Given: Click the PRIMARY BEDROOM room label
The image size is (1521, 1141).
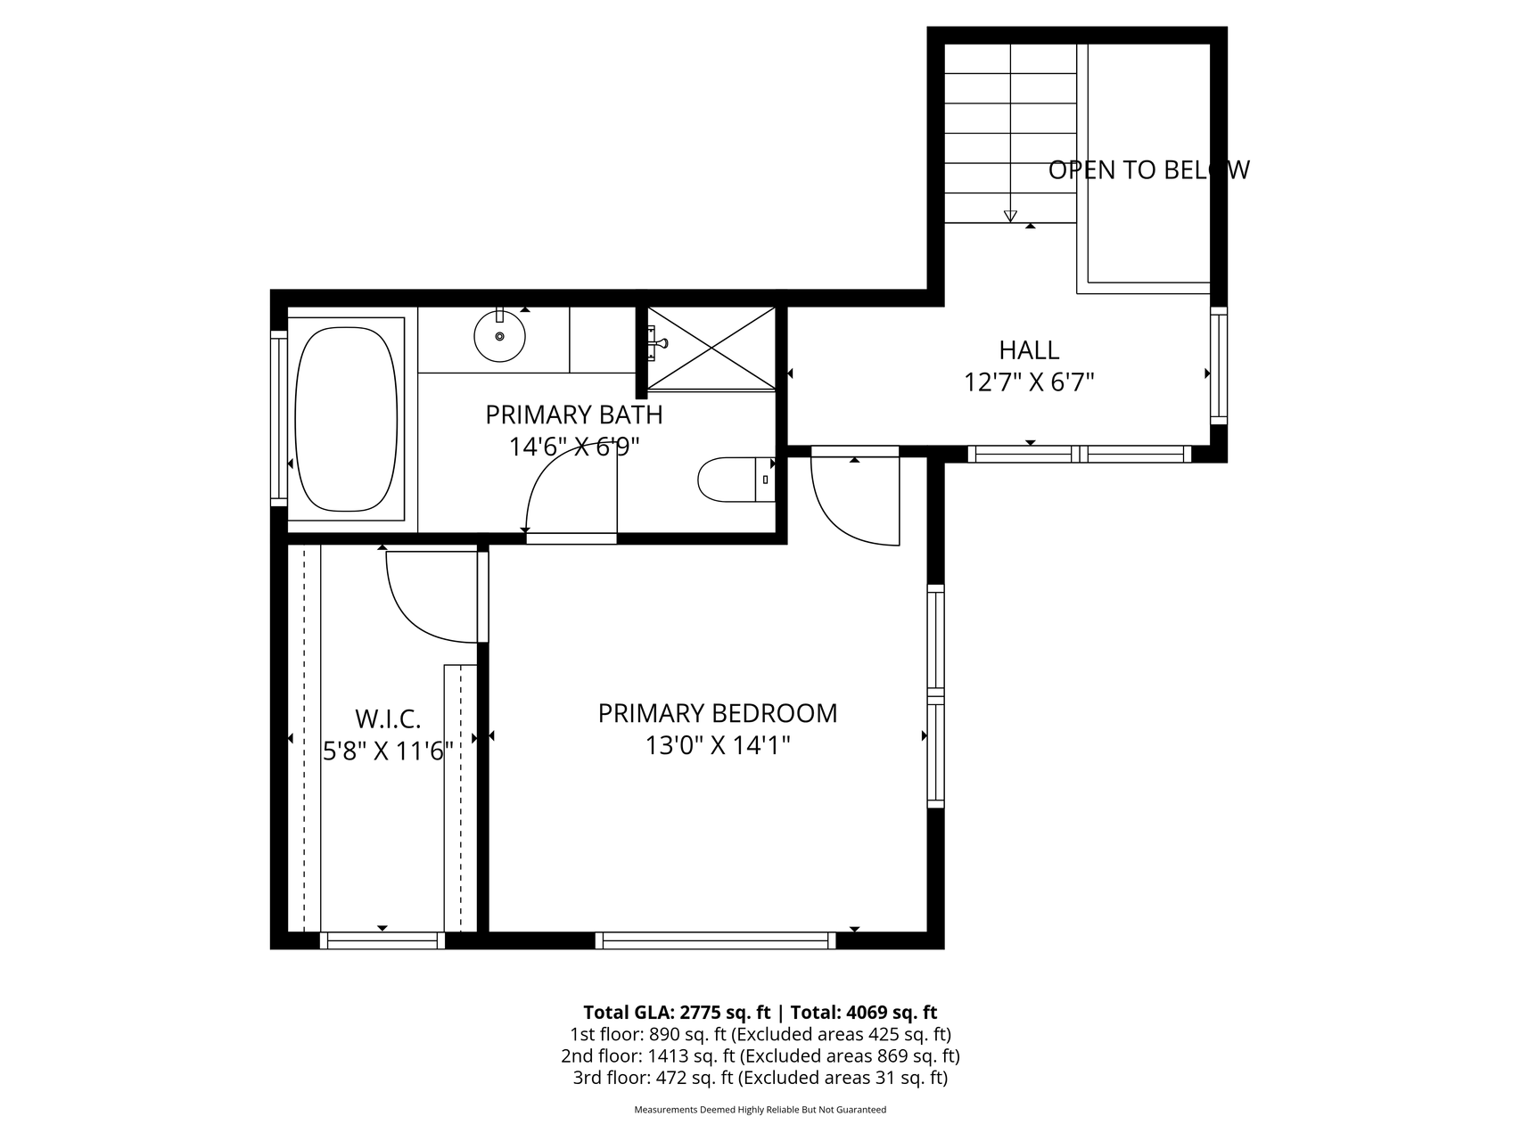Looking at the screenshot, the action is [x=718, y=713].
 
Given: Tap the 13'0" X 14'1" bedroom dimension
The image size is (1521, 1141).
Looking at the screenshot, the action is [x=718, y=745].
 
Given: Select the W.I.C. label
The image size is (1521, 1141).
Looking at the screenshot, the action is [x=388, y=718].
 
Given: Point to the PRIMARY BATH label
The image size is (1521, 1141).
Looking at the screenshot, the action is [x=574, y=415].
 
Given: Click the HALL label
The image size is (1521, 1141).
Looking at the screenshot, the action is [x=1029, y=349].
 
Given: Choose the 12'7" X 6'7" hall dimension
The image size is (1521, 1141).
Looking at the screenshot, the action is [x=1029, y=382].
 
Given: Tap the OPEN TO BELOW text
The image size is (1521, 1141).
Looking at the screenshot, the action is [x=1149, y=169].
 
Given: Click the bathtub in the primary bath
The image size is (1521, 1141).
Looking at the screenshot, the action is [x=346, y=417].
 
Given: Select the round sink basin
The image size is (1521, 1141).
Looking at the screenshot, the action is [x=499, y=335].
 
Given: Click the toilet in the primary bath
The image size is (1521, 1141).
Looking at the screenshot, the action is [x=736, y=480].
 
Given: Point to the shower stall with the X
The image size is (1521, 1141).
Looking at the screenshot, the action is [x=711, y=349].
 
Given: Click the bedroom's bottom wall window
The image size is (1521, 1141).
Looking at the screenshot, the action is [x=716, y=940].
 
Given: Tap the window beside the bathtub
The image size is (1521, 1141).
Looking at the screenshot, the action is [x=279, y=418].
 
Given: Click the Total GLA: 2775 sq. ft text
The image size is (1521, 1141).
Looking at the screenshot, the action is [x=677, y=1013].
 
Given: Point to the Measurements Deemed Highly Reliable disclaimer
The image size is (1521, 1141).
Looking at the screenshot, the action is [x=760, y=1111].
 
